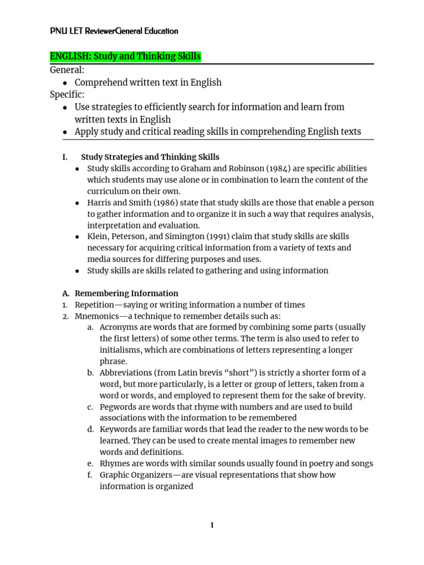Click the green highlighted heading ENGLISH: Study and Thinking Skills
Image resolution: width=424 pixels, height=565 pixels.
pos(125,56)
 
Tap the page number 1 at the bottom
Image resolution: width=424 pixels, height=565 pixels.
pos(211,526)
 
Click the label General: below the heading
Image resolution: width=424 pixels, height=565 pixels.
pos(67,70)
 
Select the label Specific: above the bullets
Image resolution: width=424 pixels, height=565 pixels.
pos(67,94)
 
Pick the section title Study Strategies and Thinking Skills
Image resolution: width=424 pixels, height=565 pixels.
pos(150,157)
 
